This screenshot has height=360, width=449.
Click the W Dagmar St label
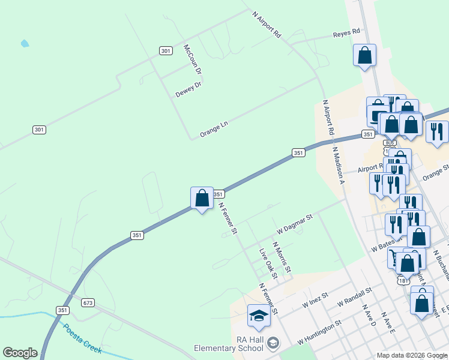pos(295,224)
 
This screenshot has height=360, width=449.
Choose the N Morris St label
pos(282,256)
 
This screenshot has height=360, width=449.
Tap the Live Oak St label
pos(268,264)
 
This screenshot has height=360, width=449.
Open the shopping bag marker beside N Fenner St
pos(202,198)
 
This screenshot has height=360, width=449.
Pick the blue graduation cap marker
pos(259,316)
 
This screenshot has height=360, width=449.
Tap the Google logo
pos(20,353)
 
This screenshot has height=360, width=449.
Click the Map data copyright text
pos(412,355)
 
